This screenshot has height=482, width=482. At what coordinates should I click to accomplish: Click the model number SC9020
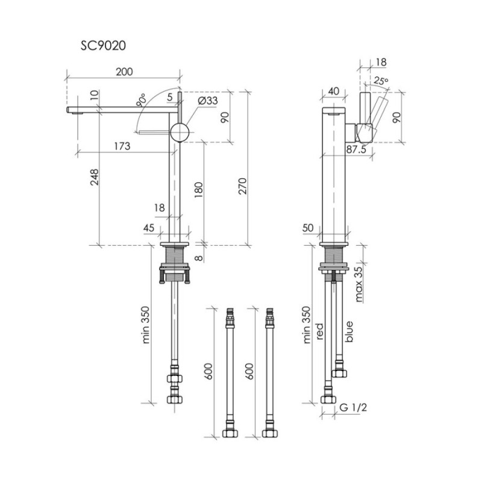click(103, 46)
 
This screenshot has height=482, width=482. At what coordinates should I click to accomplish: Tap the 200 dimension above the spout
click(124, 72)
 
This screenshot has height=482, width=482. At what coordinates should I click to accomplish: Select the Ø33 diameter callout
click(207, 101)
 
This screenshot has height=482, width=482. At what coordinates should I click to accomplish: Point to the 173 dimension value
click(122, 146)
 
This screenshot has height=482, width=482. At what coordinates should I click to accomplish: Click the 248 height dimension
click(95, 177)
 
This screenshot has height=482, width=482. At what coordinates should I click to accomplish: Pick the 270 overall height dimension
click(243, 186)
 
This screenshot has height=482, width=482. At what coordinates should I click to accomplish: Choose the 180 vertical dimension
click(199, 190)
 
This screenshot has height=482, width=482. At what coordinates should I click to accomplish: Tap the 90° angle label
click(142, 100)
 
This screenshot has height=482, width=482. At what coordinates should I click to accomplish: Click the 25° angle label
click(381, 81)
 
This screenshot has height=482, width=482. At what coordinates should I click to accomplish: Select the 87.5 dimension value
click(356, 149)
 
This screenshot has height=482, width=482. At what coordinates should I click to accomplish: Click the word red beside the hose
click(319, 331)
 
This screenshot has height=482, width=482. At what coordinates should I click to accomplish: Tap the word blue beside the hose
click(349, 332)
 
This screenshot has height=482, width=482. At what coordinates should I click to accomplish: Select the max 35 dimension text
click(358, 284)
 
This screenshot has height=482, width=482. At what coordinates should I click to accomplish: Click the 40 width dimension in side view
click(334, 92)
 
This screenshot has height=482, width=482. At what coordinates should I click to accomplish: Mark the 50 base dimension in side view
click(308, 228)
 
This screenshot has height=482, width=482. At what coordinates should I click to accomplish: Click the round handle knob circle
click(180, 132)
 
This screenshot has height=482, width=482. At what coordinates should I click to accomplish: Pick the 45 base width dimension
click(149, 228)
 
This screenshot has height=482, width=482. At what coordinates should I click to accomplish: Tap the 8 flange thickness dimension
click(199, 257)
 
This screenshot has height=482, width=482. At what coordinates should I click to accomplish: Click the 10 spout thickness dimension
click(95, 95)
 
